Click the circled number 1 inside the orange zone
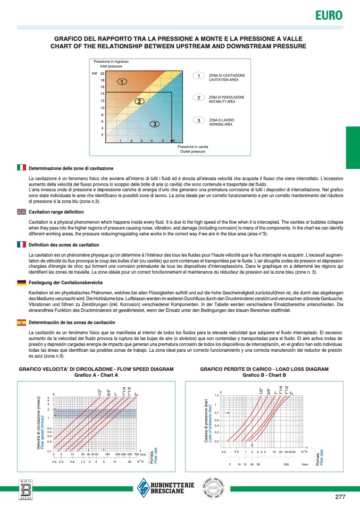click(122, 82)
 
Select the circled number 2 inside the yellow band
click(139, 101)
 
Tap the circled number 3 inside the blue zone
click(154, 124)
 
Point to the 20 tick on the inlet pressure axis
click(102, 74)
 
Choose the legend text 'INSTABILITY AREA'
click(226, 100)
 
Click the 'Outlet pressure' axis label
click(192, 152)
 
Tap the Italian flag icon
click(22, 167)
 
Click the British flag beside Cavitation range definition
click(22, 211)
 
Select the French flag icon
click(22, 244)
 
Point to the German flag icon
click(22, 283)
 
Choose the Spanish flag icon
click(22, 322)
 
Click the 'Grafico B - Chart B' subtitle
click(264, 375)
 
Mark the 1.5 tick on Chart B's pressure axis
click(217, 396)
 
